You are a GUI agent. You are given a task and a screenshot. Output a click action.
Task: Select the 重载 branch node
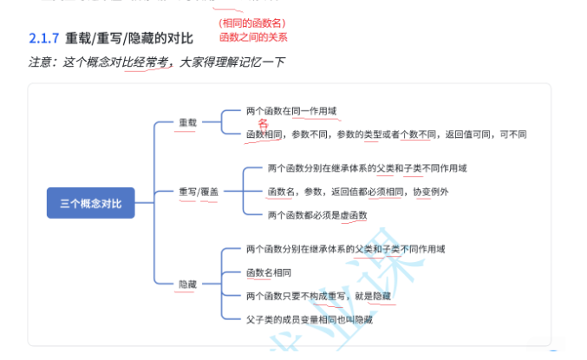(x=187, y=122)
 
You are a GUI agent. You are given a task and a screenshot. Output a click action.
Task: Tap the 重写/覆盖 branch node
(x=199, y=191)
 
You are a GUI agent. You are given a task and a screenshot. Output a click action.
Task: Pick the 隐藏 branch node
(x=187, y=284)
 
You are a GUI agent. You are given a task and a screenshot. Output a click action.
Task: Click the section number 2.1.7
(x=43, y=38)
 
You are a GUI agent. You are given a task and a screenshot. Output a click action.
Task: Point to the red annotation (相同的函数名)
(x=252, y=23)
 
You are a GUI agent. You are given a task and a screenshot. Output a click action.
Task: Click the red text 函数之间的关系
(x=253, y=37)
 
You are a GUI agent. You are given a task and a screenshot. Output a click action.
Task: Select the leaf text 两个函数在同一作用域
(x=290, y=110)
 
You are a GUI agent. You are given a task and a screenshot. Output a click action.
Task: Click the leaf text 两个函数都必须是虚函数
(x=317, y=214)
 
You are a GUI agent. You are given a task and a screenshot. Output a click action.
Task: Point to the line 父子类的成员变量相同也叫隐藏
(x=310, y=319)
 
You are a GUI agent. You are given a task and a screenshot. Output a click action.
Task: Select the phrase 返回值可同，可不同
(x=486, y=134)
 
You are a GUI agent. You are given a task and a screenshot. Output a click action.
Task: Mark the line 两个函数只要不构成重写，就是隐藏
(x=318, y=296)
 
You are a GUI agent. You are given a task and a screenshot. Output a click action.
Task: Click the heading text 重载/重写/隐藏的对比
(x=130, y=38)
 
